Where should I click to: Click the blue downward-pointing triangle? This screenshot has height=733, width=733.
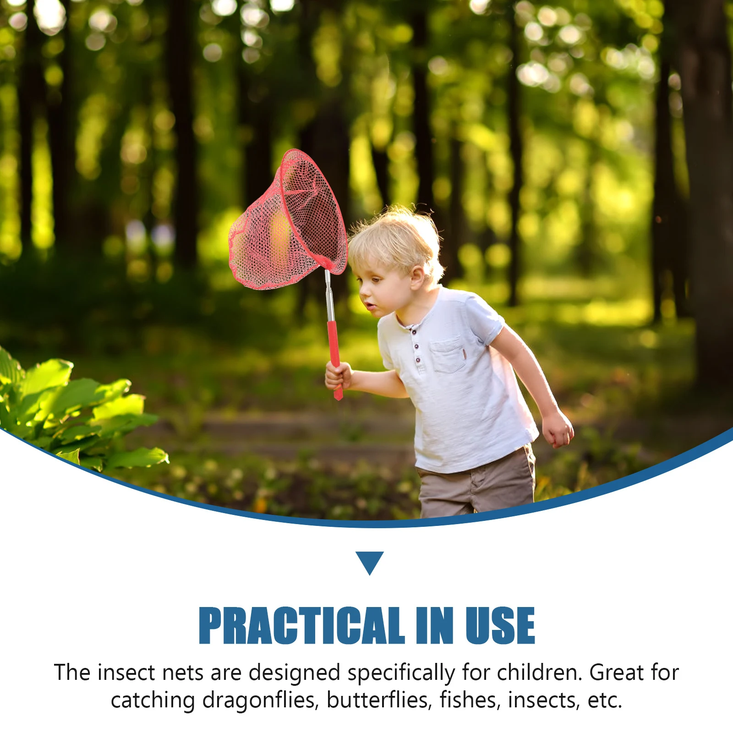(x=370, y=562)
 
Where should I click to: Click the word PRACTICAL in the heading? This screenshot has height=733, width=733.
(x=301, y=625)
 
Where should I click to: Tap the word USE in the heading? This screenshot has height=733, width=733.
(x=500, y=625)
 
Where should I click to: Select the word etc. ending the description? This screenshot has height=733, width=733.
(x=605, y=700)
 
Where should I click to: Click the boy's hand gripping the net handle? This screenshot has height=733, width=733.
(x=338, y=376)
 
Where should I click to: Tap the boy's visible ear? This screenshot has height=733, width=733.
(x=417, y=278)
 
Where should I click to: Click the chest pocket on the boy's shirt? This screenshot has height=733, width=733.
(x=448, y=355)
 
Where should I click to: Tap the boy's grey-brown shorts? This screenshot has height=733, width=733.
(x=476, y=486)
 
